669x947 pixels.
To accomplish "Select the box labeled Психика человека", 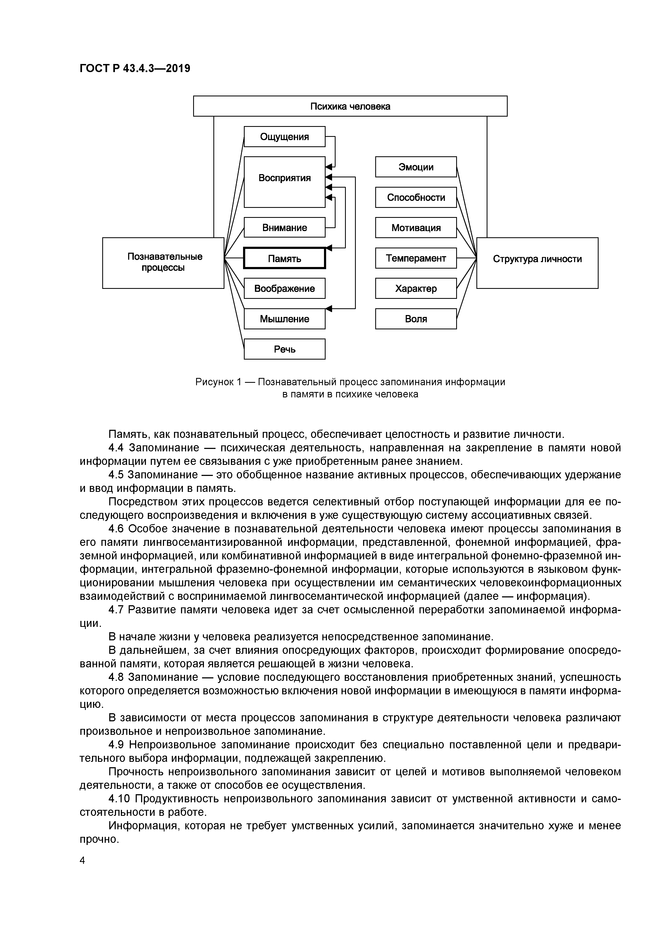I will [x=350, y=106].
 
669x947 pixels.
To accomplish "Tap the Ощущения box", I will [x=284, y=137].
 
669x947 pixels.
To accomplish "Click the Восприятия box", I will [x=284, y=182].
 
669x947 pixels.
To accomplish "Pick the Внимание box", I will [x=284, y=228].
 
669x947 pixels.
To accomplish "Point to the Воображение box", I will [x=284, y=288].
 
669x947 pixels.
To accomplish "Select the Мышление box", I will [x=284, y=319].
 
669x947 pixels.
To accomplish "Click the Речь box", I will [x=284, y=349].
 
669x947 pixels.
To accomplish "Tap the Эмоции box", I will [x=416, y=167].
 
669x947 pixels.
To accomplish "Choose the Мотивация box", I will [x=416, y=228].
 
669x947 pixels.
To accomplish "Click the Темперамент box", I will [x=416, y=258].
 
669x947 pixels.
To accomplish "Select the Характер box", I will [x=416, y=288].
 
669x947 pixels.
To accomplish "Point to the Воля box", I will [x=416, y=319].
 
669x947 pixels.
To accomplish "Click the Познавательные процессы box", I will [x=163, y=263].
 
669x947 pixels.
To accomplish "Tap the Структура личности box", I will [x=537, y=263].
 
